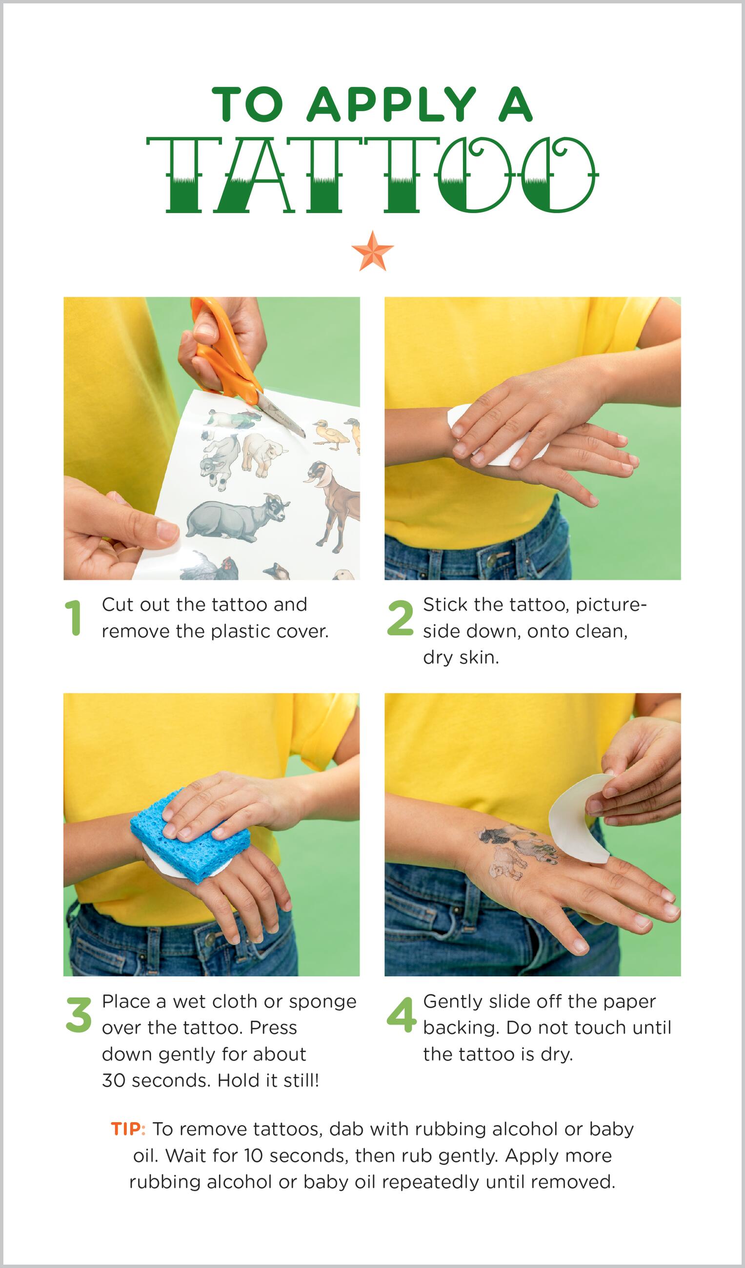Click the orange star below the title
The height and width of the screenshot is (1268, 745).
373,252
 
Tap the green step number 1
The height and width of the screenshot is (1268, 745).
74,618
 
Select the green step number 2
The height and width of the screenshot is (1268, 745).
400,618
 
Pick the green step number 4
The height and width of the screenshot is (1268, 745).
402,1015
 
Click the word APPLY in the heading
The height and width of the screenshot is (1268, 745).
391,105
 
